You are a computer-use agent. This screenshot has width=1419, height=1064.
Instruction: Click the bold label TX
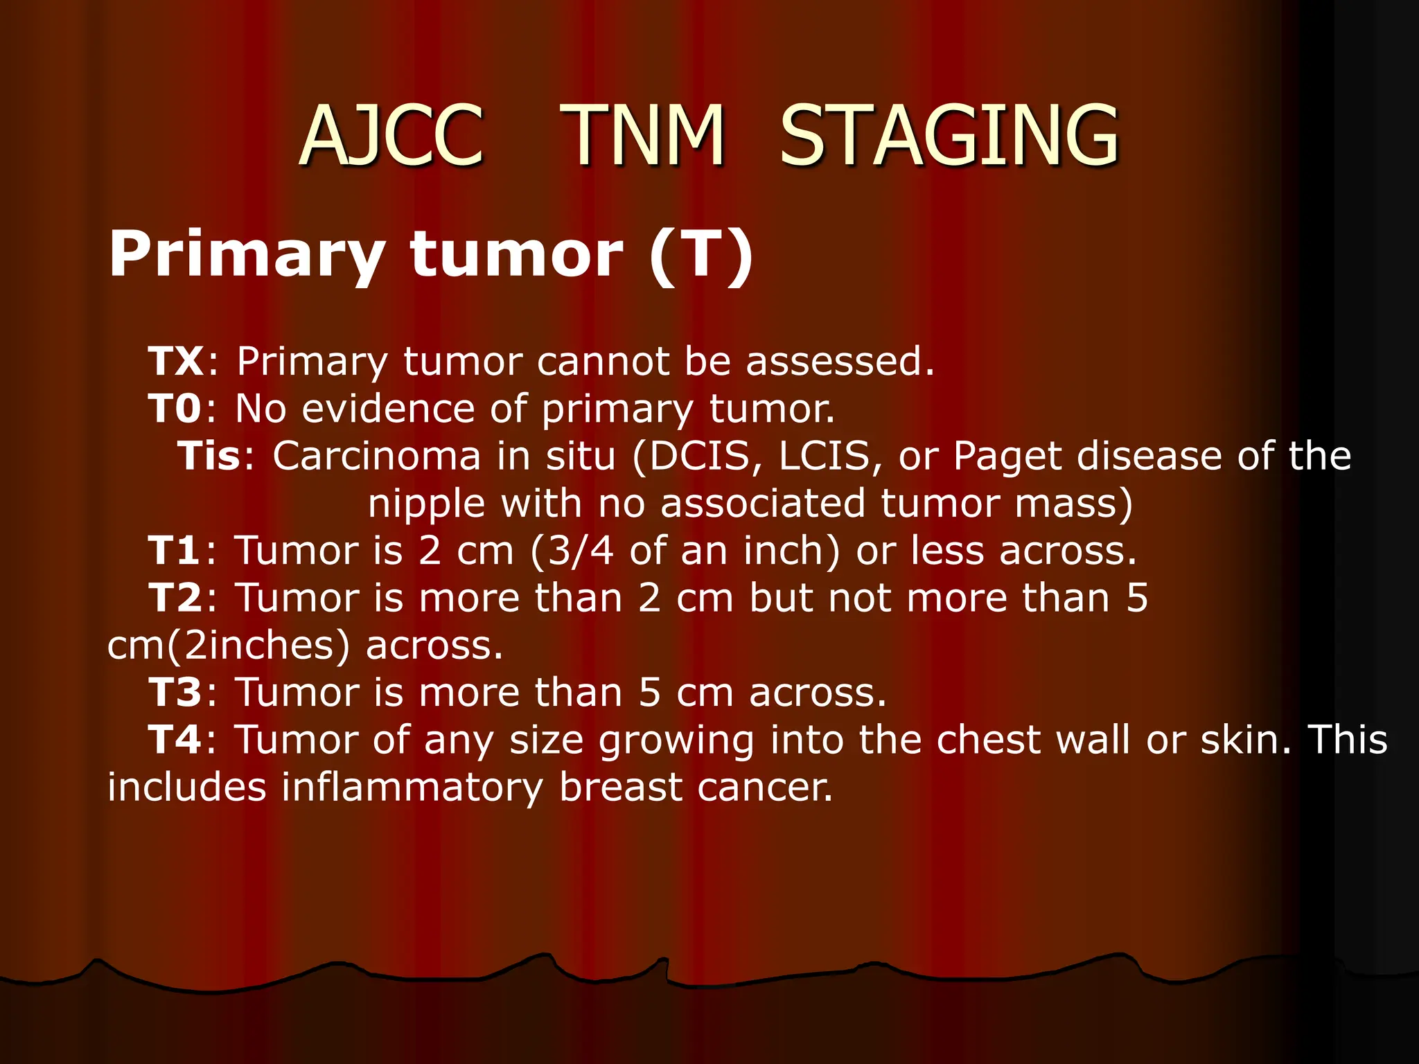(176, 361)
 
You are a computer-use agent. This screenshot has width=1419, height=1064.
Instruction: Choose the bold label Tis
(209, 456)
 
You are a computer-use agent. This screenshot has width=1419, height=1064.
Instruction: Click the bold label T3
(175, 692)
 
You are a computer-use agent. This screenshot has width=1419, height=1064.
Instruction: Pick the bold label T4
(175, 739)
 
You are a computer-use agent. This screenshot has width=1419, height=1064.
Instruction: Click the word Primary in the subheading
(247, 255)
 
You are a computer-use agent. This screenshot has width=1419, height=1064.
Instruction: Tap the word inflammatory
(412, 788)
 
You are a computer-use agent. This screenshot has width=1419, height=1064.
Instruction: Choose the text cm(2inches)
(229, 646)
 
